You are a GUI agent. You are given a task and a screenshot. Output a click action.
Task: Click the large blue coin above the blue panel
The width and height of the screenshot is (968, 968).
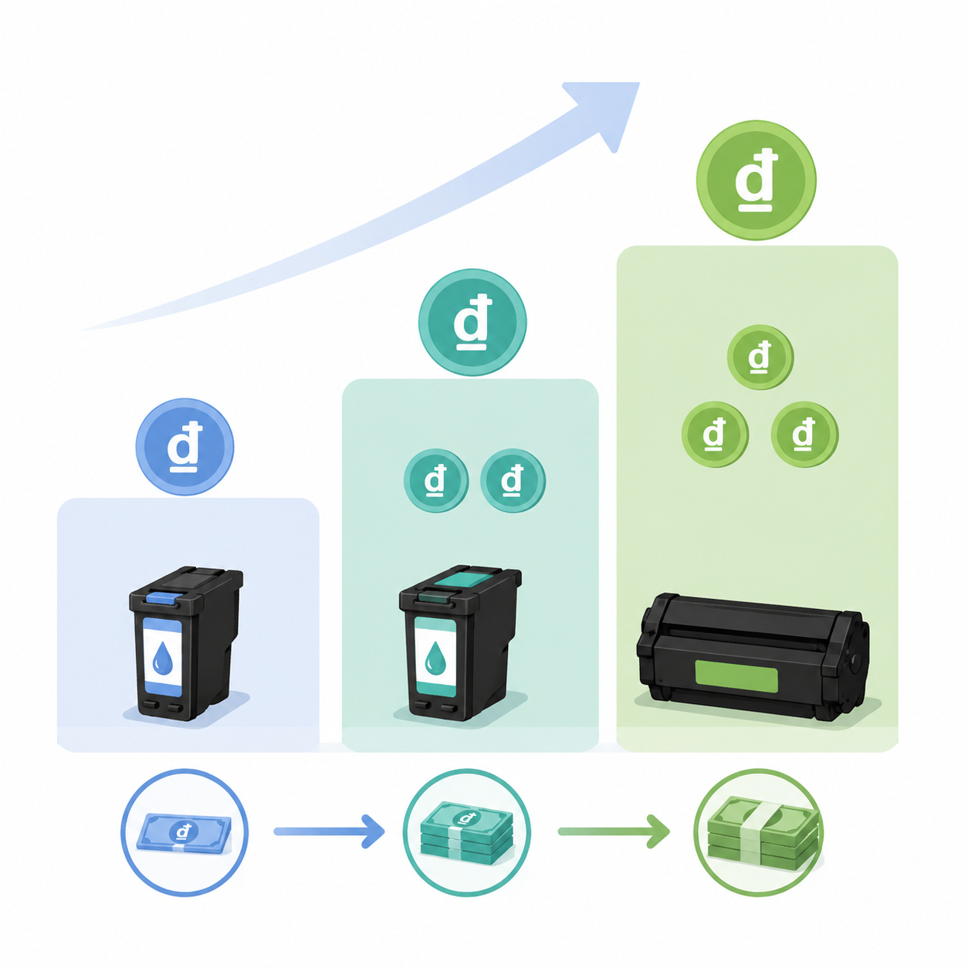click(x=184, y=447)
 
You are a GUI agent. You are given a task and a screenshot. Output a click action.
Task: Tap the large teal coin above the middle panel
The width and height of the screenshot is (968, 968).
click(x=472, y=322)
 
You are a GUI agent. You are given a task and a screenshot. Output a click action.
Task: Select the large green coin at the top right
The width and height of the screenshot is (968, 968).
click(x=756, y=180)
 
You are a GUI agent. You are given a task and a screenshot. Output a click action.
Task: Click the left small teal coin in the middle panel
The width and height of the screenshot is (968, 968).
click(x=435, y=480)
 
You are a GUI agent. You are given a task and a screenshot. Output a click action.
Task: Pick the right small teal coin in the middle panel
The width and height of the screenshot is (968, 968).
click(x=513, y=480)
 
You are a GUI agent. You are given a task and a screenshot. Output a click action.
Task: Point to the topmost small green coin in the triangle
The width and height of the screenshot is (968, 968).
click(x=760, y=357)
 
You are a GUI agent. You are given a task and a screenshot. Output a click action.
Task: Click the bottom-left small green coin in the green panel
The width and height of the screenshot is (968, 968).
click(x=715, y=434)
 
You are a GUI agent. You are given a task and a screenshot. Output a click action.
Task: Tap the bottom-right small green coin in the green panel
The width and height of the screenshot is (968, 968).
click(x=804, y=434)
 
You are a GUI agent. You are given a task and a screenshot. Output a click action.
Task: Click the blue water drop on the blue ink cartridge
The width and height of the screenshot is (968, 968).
click(x=162, y=658)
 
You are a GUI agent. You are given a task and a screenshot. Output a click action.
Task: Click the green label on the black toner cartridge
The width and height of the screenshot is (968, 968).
click(x=736, y=677)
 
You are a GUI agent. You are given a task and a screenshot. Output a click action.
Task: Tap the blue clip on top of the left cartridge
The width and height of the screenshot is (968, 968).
click(x=161, y=597)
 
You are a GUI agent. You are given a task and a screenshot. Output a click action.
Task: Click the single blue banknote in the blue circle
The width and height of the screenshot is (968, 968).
click(x=184, y=834)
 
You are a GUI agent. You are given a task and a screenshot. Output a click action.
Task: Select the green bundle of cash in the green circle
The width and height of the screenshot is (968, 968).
click(x=763, y=834)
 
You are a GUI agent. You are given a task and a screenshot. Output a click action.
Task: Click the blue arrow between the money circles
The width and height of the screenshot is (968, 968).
click(x=329, y=831)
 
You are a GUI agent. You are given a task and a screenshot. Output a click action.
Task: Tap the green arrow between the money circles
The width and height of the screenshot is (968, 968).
click(x=614, y=831)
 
